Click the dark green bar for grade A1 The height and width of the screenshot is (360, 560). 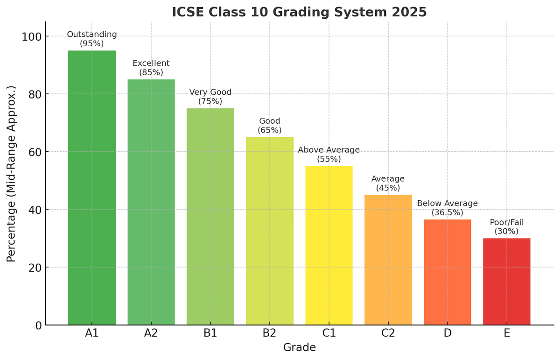[x=91, y=187]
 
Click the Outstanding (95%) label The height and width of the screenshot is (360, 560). [x=92, y=39]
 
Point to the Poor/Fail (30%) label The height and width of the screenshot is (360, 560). [x=506, y=226]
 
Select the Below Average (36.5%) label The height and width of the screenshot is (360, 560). [x=447, y=208]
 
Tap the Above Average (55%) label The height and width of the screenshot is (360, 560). [x=329, y=155]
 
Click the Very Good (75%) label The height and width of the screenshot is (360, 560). [x=210, y=97]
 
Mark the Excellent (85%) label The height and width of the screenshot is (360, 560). [x=151, y=68]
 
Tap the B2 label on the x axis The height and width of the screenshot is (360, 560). [x=269, y=333]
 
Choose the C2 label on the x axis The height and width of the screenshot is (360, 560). [x=388, y=333]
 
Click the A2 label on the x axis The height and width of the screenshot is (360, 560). [x=151, y=333]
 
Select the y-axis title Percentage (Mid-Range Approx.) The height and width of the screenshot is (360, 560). [x=12, y=174]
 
